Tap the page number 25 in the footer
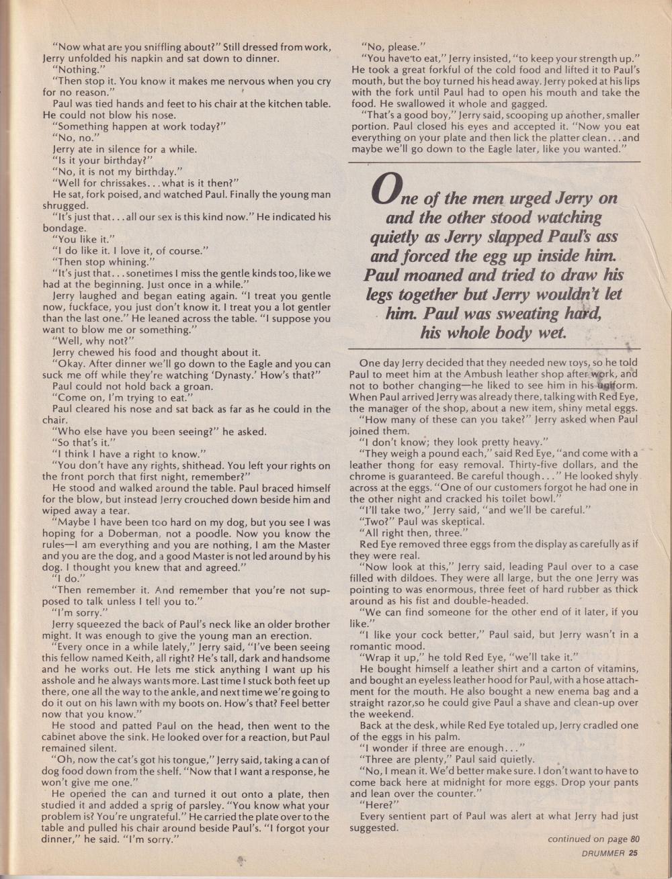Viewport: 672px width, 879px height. coord(633,853)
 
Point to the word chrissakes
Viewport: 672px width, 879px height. coord(116,183)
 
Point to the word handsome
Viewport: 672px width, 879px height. coord(308,658)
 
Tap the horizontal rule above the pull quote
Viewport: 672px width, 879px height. coord(494,163)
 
